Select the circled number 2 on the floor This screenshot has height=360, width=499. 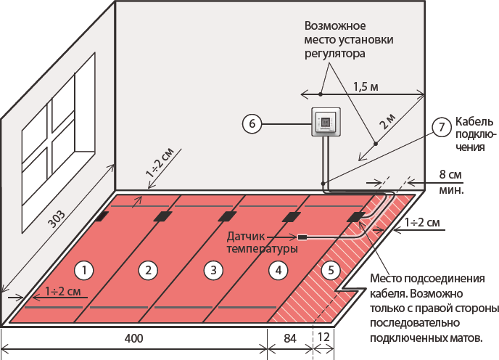(x=148, y=270)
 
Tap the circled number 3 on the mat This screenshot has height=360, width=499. (x=212, y=270)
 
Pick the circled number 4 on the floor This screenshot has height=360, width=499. (x=275, y=270)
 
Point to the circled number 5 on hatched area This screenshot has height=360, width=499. (x=331, y=270)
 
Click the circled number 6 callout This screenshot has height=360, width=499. (x=252, y=125)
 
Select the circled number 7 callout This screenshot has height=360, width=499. (x=441, y=127)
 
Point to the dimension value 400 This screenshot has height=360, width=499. (x=133, y=338)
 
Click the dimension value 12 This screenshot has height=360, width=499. (x=323, y=338)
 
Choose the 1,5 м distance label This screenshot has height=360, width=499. (x=366, y=86)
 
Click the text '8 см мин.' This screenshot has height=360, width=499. (x=452, y=181)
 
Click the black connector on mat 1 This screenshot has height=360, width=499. (x=102, y=216)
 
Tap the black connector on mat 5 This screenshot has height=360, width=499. (x=355, y=216)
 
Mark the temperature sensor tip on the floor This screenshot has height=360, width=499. (x=302, y=237)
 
